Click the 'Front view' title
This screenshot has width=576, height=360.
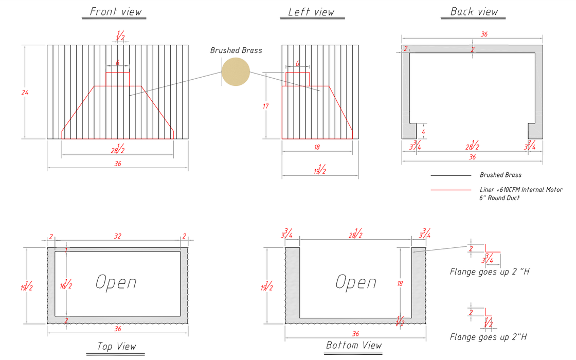(x=115, y=12)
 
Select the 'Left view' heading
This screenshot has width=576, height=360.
(x=311, y=12)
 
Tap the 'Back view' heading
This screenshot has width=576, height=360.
(x=474, y=12)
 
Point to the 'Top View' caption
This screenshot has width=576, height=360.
(x=117, y=346)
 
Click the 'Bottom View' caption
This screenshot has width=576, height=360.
(x=354, y=345)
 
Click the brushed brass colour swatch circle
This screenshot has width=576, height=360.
(x=236, y=71)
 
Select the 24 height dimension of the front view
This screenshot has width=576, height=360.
(x=25, y=93)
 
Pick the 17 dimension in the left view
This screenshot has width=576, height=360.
(x=265, y=106)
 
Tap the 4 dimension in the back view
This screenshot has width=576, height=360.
(x=423, y=131)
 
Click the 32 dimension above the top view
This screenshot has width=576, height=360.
(x=117, y=237)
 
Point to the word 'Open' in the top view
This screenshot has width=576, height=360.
(x=116, y=282)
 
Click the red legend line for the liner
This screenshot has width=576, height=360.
(x=451, y=190)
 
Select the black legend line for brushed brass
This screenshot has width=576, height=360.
(x=451, y=175)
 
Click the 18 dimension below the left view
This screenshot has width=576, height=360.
(x=317, y=147)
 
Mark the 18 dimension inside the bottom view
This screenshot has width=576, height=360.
(x=400, y=283)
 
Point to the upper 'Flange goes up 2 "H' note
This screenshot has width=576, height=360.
(x=489, y=272)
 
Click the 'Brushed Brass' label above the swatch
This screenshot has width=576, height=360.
(x=236, y=50)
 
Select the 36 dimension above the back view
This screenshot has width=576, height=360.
(x=484, y=34)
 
